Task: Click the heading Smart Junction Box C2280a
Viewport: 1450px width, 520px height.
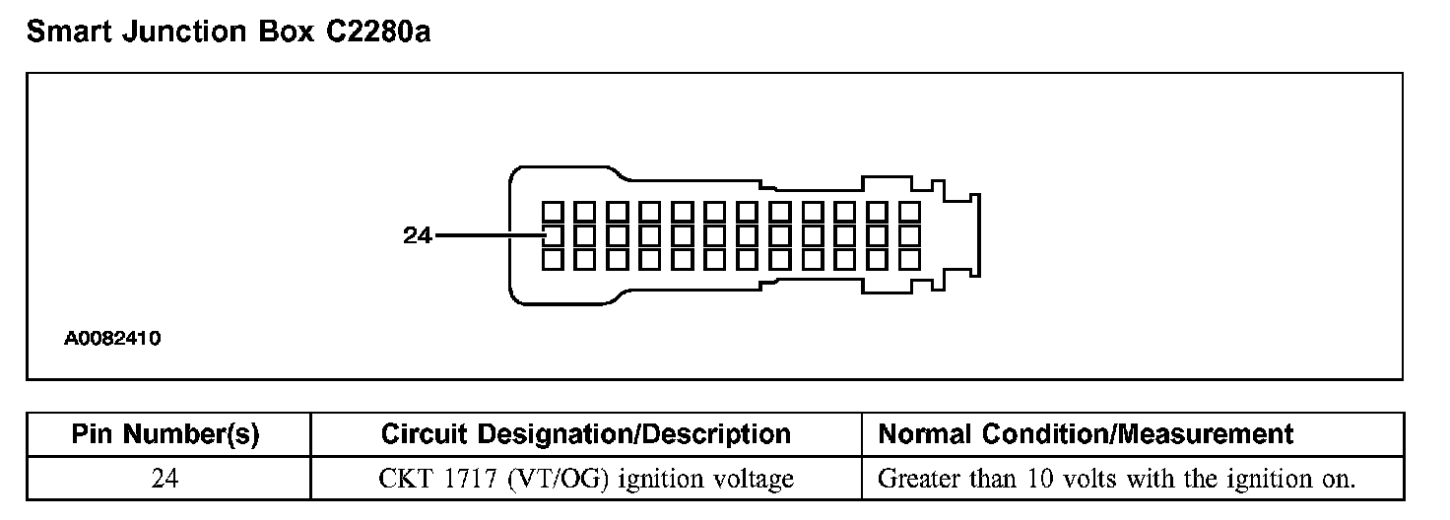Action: tap(228, 32)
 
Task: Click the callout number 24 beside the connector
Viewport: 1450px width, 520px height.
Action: tap(418, 235)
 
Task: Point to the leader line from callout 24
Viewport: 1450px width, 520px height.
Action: tap(488, 235)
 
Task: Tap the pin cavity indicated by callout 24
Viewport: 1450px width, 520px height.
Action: tap(553, 235)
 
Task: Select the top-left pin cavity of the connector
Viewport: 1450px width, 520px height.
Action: tap(553, 212)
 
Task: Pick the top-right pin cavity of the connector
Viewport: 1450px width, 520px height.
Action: tap(910, 212)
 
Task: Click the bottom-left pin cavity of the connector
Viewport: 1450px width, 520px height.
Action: tap(553, 259)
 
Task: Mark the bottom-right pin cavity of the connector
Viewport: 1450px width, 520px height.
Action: tap(910, 259)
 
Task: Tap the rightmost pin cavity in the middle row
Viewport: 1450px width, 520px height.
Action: tap(910, 235)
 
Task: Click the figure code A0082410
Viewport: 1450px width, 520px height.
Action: tap(112, 339)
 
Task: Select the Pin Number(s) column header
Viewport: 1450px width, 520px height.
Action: tap(167, 434)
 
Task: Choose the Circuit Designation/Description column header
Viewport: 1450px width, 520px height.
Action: tap(585, 434)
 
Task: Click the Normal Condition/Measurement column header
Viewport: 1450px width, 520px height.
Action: tap(1086, 434)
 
